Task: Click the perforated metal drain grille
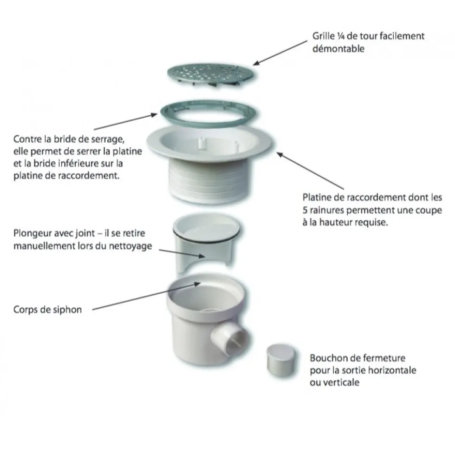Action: click(211, 73)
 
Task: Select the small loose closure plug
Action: click(281, 361)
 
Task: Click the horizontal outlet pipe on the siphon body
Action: click(229, 339)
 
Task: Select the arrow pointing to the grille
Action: click(280, 53)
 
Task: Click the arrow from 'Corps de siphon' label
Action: click(146, 297)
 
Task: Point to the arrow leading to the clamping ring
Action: click(125, 122)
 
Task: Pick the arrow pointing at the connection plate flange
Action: click(310, 171)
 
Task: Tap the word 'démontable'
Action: click(338, 48)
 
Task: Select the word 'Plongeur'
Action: click(33, 233)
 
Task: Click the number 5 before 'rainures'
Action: click(305, 210)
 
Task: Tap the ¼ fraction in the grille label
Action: click(341, 36)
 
